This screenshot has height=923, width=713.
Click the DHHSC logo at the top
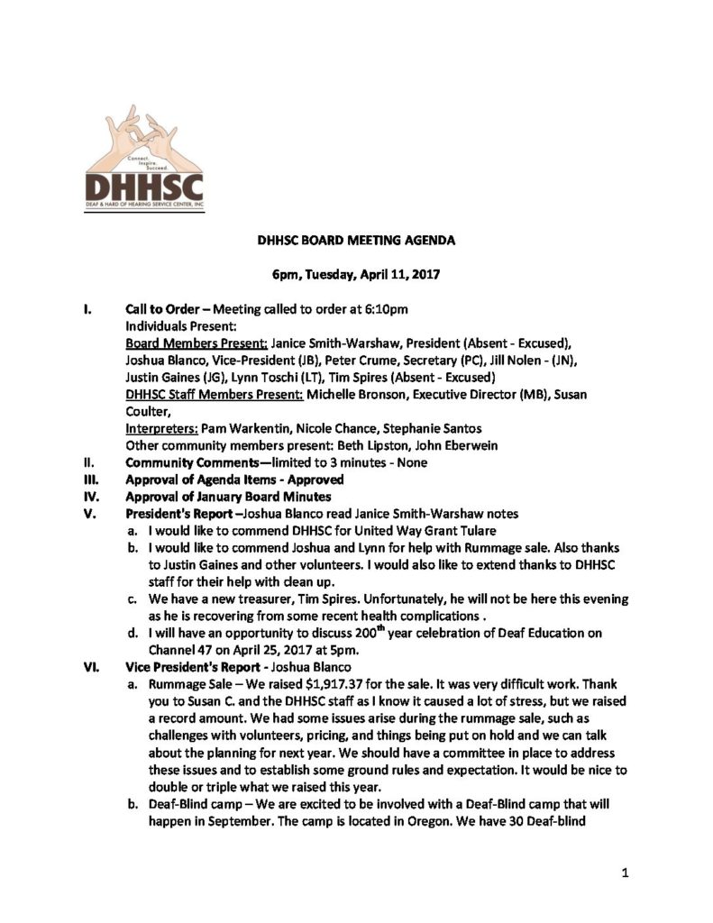[x=143, y=158]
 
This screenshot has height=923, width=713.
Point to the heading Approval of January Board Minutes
[x=228, y=497]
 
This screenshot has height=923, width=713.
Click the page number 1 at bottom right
[x=623, y=873]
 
